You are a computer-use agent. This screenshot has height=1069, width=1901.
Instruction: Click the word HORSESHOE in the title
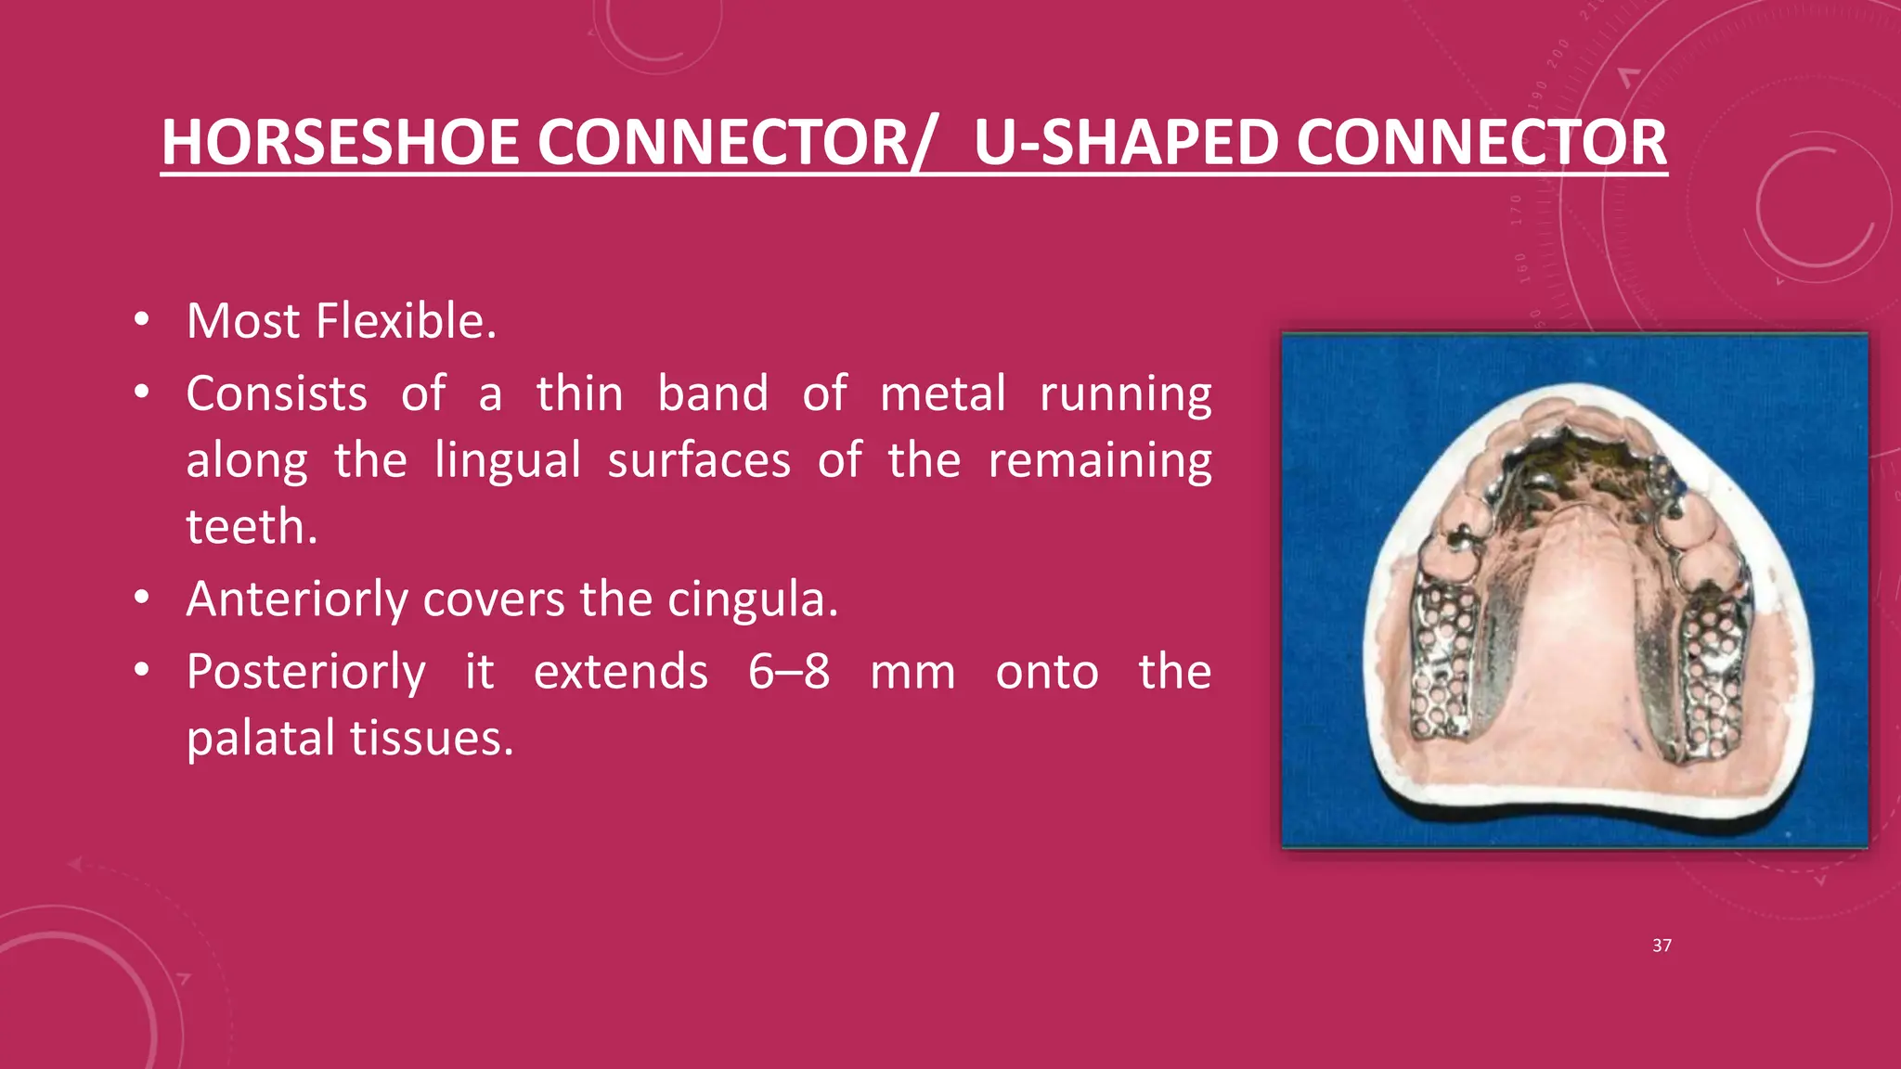pos(340,143)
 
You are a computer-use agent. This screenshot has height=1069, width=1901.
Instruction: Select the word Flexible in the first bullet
pos(407,321)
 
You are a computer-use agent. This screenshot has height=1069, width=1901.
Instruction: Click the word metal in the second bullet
pos(942,393)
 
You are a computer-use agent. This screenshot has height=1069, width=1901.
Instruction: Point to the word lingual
pos(508,460)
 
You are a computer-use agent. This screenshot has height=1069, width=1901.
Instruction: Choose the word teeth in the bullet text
pos(252,527)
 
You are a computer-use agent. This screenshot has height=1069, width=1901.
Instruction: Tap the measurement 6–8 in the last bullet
pos(789,672)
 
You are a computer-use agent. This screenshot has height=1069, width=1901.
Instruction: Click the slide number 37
pos(1662,946)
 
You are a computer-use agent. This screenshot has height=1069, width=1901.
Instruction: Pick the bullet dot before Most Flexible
pos(141,320)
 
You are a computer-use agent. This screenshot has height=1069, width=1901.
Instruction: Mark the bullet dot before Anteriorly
pos(141,599)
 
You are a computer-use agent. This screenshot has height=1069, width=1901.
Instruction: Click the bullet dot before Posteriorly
pos(141,671)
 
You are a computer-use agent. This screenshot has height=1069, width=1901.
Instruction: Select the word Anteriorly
pos(297,599)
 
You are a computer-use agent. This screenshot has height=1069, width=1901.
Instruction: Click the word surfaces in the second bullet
pos(699,460)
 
